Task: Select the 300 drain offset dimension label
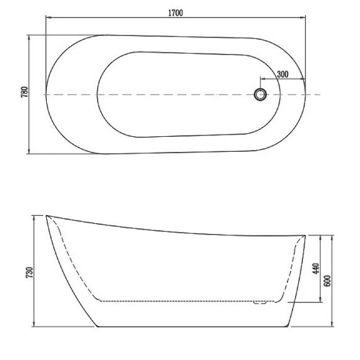(282, 74)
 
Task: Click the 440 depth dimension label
(316, 268)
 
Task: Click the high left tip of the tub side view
(47, 215)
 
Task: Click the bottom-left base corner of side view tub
(98, 326)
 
